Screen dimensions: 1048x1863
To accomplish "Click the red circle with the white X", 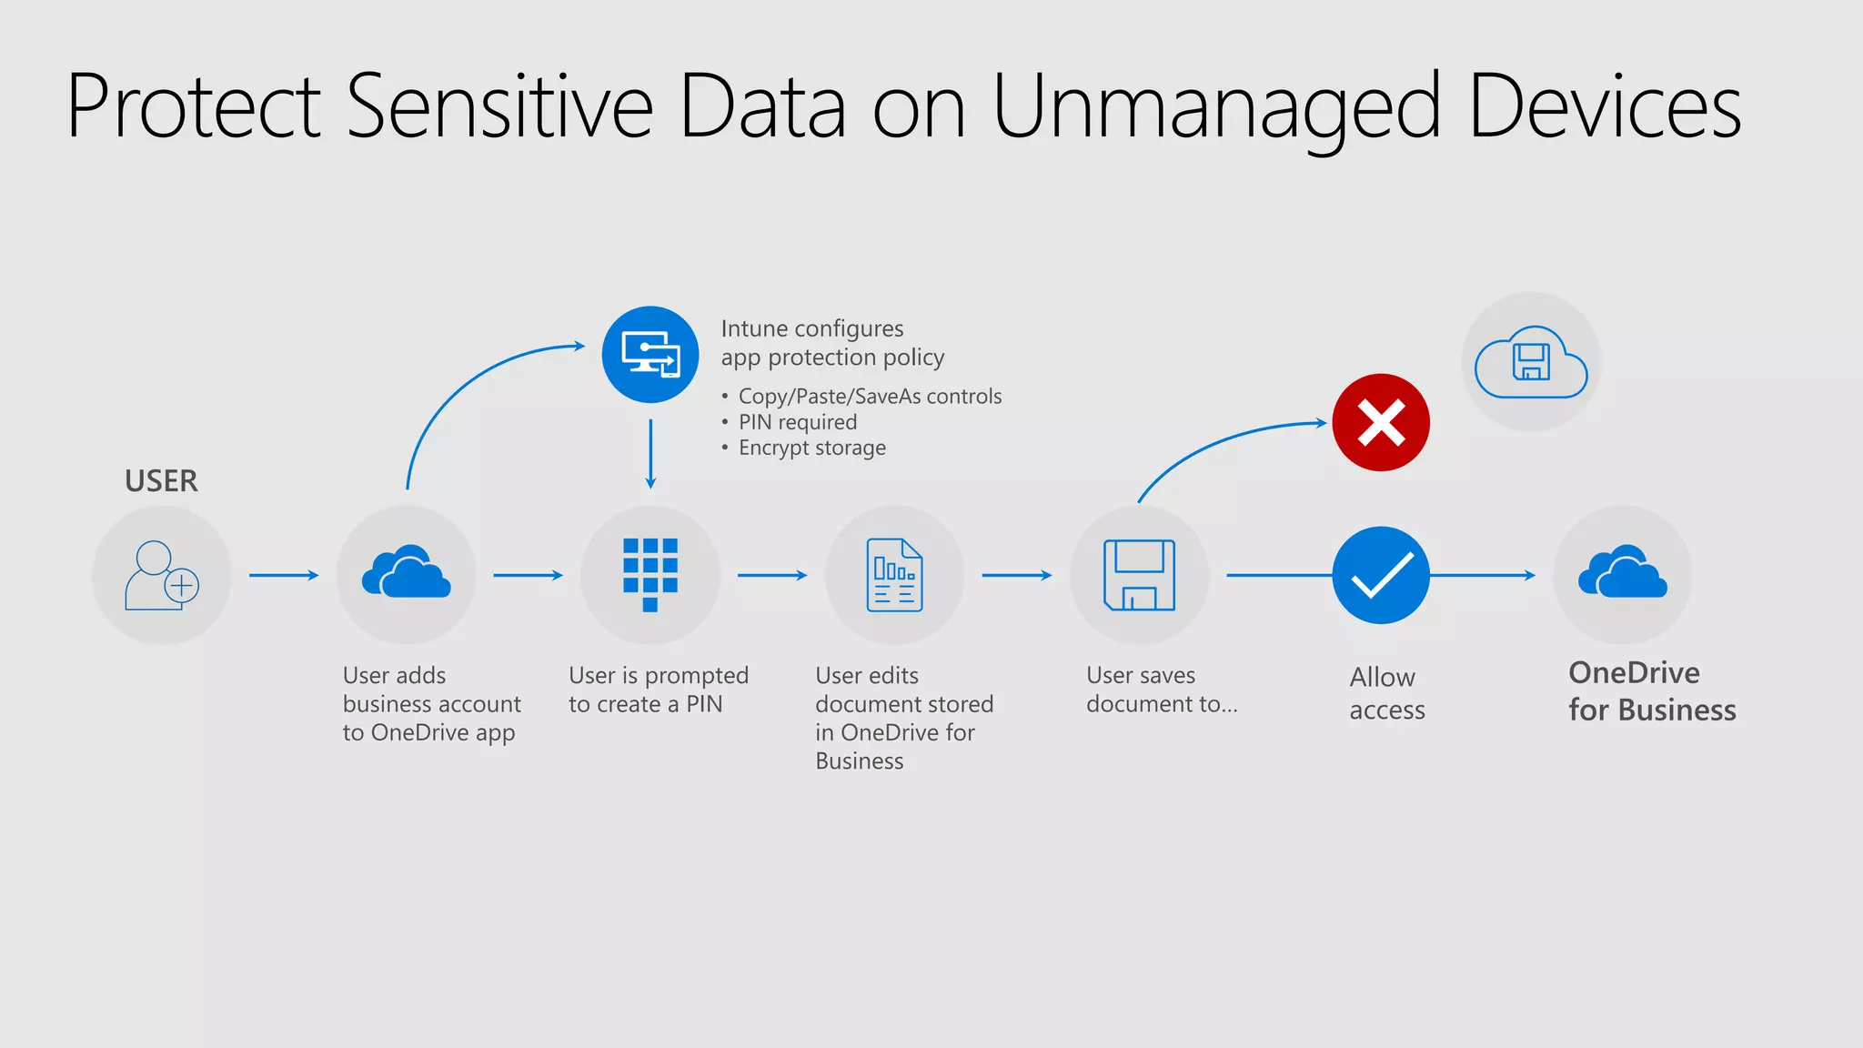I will tap(1380, 422).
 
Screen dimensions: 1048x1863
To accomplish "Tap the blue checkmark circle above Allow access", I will tap(1380, 575).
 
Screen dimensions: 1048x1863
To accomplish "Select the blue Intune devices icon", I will tap(650, 355).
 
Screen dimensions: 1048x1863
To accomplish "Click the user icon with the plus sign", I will tap(162, 576).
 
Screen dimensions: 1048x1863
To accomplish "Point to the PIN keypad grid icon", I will tap(650, 574).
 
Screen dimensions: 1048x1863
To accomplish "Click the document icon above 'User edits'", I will tap(894, 575).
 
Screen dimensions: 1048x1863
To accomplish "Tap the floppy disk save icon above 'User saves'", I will tap(1139, 575).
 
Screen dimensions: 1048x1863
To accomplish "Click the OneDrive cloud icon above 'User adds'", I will tap(406, 572).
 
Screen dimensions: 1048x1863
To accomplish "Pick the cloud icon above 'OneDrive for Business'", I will tap(1622, 572).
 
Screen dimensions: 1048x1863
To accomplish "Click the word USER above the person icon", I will tap(161, 480).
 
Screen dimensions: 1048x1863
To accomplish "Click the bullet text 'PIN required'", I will tap(797, 422).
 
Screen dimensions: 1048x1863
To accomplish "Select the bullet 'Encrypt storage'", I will tap(811, 448).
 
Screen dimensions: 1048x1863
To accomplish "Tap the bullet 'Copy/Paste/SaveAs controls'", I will tap(870, 397).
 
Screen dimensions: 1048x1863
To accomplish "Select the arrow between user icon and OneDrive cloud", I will tap(284, 575).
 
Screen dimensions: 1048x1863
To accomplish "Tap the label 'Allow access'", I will tap(1386, 693).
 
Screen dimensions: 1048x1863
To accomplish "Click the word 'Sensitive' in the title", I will tap(499, 107).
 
